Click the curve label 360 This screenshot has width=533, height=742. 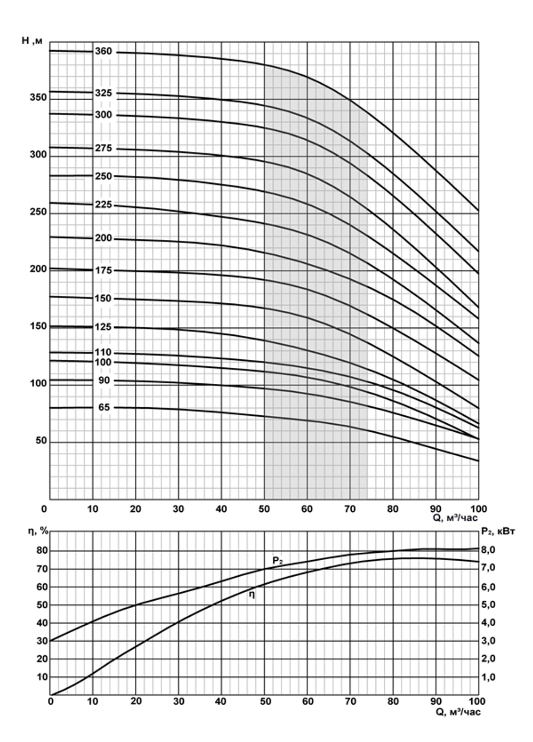[x=103, y=52]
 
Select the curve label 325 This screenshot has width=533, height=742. [x=103, y=93]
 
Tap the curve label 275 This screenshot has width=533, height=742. [x=103, y=148]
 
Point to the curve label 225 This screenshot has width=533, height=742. [x=103, y=205]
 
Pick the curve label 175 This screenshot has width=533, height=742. [x=103, y=270]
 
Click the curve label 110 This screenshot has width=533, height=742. [x=103, y=352]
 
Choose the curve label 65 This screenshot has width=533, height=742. [x=104, y=407]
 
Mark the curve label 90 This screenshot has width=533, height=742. [x=104, y=381]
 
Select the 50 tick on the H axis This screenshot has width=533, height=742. [x=41, y=441]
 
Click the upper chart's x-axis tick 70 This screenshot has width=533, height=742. [x=350, y=509]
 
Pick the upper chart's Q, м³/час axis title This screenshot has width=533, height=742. [x=455, y=518]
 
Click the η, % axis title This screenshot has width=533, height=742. [x=39, y=531]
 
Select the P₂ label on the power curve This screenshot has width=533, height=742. [x=278, y=561]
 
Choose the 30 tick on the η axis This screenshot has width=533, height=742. [x=41, y=641]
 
